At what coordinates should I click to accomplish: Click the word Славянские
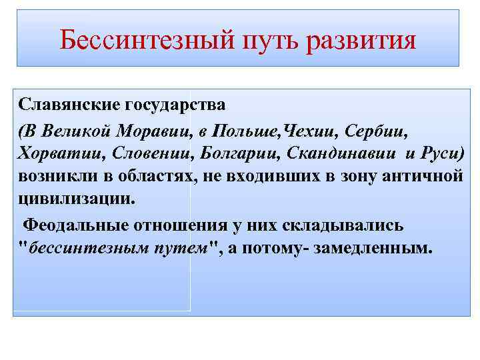(x=61, y=105)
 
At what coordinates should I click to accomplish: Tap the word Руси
(x=441, y=153)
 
